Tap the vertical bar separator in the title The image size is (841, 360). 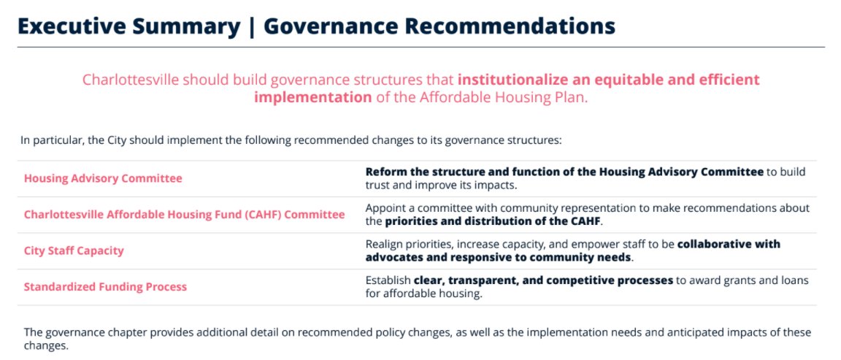(251, 26)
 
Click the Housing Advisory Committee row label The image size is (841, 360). (103, 178)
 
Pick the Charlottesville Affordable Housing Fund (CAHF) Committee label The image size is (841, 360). (184, 215)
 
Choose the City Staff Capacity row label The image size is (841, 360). (74, 250)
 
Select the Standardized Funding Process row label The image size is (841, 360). (105, 287)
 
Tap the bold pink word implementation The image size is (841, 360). (312, 97)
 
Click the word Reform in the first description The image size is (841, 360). (385, 172)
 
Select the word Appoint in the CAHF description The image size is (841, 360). (386, 208)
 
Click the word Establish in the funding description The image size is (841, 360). (388, 280)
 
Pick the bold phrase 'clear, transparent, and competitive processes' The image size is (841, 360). (543, 280)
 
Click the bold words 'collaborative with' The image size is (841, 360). (729, 244)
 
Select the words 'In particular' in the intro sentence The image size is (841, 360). (50, 139)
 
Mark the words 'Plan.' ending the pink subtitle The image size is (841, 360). (571, 97)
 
